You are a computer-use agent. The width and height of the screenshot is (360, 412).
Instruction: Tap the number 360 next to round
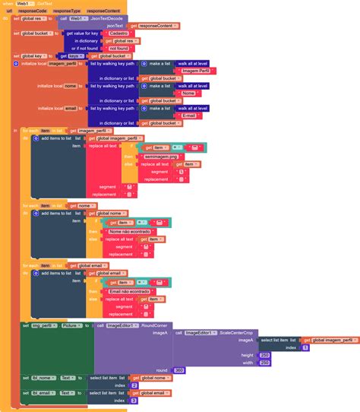179,370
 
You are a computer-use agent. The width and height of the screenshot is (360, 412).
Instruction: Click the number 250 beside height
265,355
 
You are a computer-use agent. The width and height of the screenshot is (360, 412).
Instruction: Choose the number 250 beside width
265,363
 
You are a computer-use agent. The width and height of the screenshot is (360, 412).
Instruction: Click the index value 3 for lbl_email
134,401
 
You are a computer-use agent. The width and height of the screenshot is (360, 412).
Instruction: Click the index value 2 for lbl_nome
134,385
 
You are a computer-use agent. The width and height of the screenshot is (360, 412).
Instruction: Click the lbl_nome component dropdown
45,378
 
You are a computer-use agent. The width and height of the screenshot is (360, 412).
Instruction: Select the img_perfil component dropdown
48,325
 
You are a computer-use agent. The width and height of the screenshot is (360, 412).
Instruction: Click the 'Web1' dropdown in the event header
24,4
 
